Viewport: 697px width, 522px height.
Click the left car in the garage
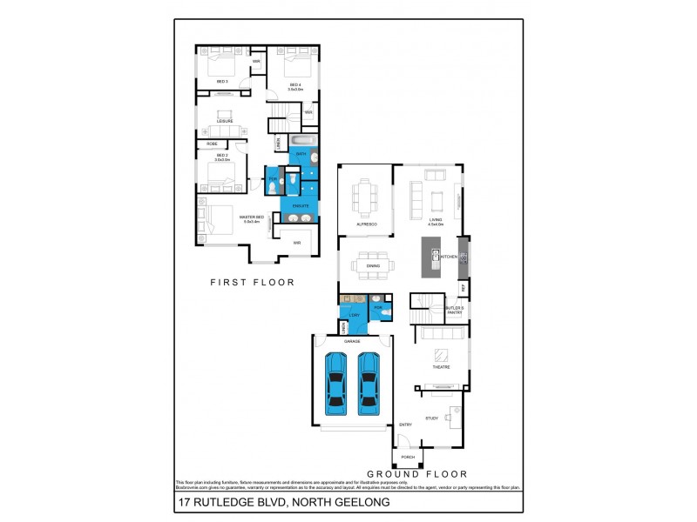click(336, 384)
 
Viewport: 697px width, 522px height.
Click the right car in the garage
click(369, 384)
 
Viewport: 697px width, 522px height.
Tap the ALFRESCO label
click(365, 224)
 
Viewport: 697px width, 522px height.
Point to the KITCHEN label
click(449, 257)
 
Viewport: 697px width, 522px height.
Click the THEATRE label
click(441, 367)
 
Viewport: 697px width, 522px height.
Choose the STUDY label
click(431, 418)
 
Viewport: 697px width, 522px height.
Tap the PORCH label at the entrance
click(407, 457)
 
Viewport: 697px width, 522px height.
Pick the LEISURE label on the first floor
click(225, 121)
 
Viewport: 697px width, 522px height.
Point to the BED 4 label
click(295, 84)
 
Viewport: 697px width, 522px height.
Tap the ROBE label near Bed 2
click(212, 144)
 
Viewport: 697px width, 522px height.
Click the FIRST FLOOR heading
click(253, 282)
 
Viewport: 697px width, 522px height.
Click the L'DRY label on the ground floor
click(355, 315)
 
